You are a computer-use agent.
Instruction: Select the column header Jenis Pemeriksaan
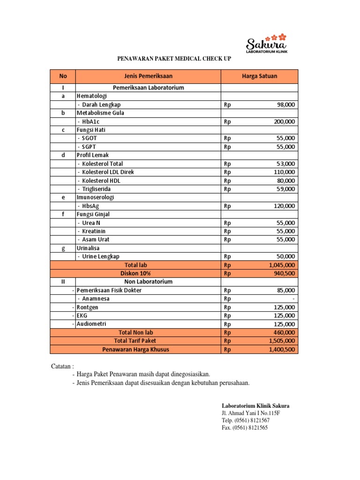[x=148, y=76]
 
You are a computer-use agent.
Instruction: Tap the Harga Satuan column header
[x=259, y=76]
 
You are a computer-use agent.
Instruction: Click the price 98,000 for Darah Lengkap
[x=286, y=105]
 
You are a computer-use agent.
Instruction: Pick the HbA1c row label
[x=90, y=121]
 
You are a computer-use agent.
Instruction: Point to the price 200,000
[x=284, y=121]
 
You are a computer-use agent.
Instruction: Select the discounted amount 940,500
[x=284, y=273]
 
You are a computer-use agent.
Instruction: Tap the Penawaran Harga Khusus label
[x=135, y=349]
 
